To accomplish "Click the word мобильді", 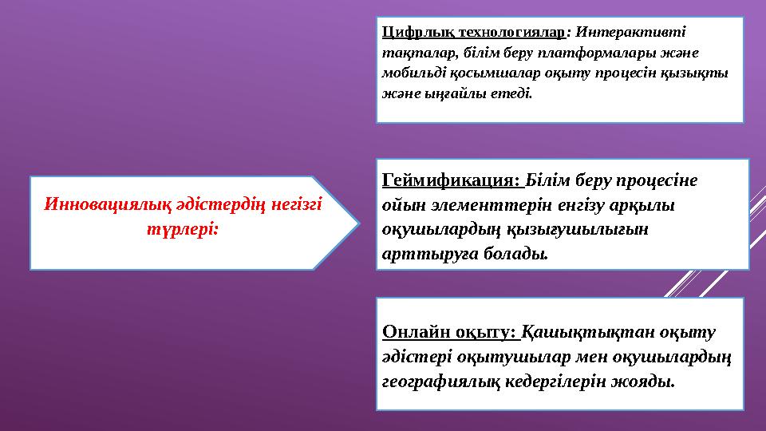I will click(415, 73).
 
